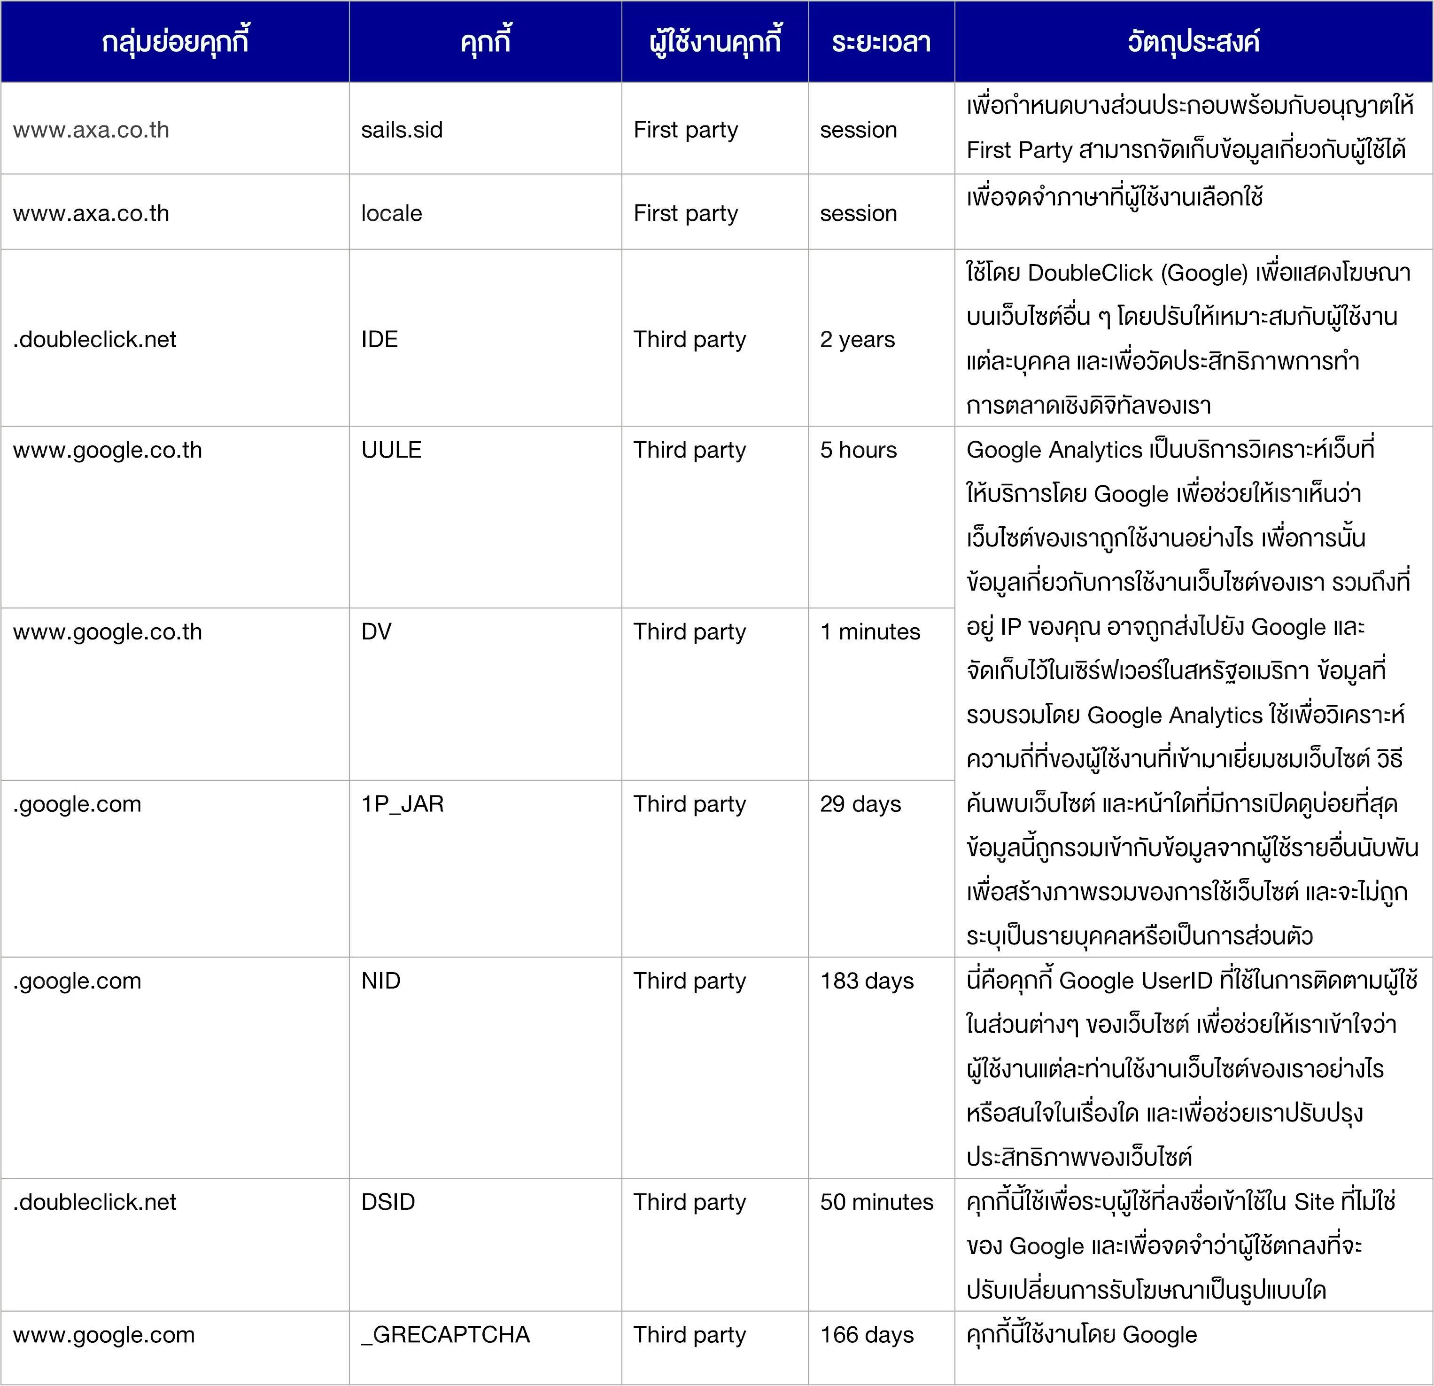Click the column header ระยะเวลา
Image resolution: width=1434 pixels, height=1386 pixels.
pos(881,42)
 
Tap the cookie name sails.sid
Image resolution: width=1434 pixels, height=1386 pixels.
pos(402,130)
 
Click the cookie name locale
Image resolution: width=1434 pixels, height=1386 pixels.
pos(391,213)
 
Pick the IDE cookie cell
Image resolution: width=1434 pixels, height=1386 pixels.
pos(379,339)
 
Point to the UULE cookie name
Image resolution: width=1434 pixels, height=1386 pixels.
pos(391,449)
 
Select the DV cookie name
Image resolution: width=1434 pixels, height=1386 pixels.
pos(376,631)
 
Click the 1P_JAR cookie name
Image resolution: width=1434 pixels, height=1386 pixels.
pos(403,803)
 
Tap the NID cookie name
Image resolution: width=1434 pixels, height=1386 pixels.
pos(380,980)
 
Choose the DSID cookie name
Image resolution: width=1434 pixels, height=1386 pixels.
pos(388,1201)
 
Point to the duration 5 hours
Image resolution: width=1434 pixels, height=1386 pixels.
pos(858,449)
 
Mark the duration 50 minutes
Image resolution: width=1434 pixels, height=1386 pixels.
pos(876,1201)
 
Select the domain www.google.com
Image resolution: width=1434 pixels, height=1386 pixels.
pos(104,1334)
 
